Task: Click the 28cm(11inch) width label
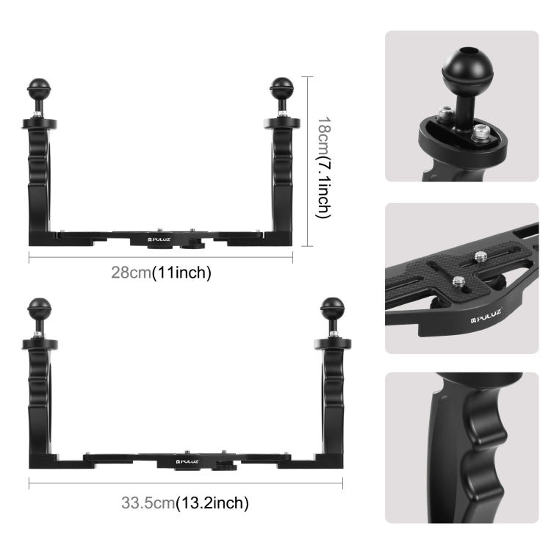point(161,273)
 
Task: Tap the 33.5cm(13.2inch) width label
point(185,503)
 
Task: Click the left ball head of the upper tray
point(37,90)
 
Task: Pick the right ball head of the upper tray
point(282,89)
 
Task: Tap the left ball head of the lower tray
point(38,306)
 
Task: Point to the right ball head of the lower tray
point(332,307)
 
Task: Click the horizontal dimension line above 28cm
point(161,255)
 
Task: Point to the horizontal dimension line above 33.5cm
point(185,483)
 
